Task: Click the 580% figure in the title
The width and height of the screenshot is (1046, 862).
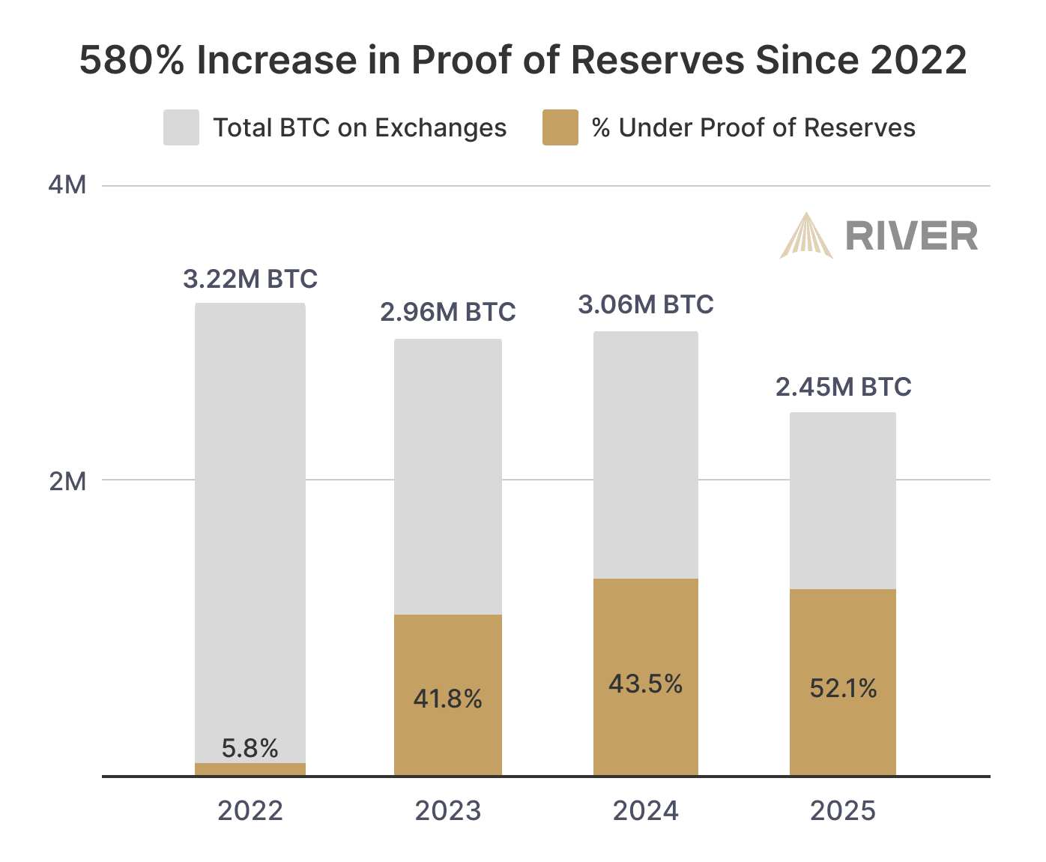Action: pyautogui.click(x=132, y=60)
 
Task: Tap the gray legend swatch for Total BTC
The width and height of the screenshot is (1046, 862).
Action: pyautogui.click(x=181, y=127)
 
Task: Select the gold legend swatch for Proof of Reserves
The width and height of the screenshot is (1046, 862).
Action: pyautogui.click(x=560, y=127)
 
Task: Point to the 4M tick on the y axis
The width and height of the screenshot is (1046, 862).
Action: pyautogui.click(x=67, y=184)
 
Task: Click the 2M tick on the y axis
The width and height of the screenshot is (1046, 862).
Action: pyautogui.click(x=67, y=480)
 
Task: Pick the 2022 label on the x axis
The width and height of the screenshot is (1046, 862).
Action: pyautogui.click(x=250, y=811)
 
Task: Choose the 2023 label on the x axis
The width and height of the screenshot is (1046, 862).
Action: pyautogui.click(x=448, y=811)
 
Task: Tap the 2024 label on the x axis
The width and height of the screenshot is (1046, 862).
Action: pyautogui.click(x=645, y=811)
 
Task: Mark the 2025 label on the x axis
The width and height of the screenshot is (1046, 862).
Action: pyautogui.click(x=843, y=811)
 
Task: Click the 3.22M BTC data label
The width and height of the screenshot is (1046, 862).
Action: pyautogui.click(x=250, y=280)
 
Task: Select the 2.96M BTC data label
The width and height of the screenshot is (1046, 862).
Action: pyautogui.click(x=448, y=312)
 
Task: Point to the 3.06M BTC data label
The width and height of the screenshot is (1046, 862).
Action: pyautogui.click(x=645, y=305)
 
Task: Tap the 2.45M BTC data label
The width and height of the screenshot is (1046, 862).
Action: pyautogui.click(x=843, y=388)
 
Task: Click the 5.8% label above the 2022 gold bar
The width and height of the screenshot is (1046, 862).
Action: pyautogui.click(x=250, y=748)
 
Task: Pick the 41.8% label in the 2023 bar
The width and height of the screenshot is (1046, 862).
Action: pyautogui.click(x=448, y=699)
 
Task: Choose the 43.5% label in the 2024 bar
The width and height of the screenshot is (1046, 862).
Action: pyautogui.click(x=645, y=684)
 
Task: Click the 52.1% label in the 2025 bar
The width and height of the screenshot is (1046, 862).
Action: pyautogui.click(x=843, y=688)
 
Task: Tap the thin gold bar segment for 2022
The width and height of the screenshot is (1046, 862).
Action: pyautogui.click(x=250, y=769)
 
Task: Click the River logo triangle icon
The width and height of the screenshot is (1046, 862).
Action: pyautogui.click(x=806, y=237)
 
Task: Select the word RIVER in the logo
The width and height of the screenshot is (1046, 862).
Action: pyautogui.click(x=911, y=237)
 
